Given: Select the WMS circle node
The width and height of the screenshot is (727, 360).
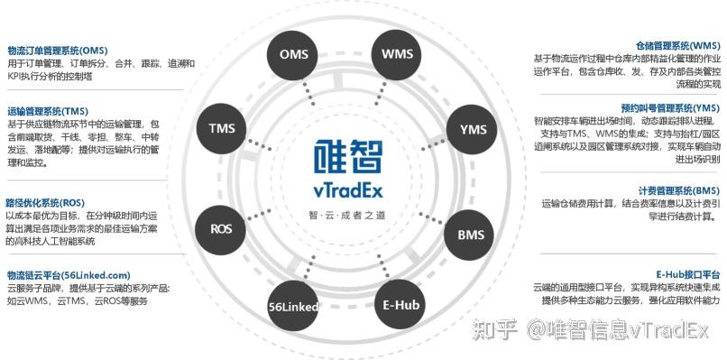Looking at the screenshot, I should point(397,54).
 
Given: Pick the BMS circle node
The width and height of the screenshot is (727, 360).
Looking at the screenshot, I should point(470,235).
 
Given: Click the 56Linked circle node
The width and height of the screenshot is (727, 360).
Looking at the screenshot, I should point(294,307).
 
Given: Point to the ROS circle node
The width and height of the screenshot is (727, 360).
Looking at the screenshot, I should point(222,228).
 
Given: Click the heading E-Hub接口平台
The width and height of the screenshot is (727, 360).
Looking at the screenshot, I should point(687,273).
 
